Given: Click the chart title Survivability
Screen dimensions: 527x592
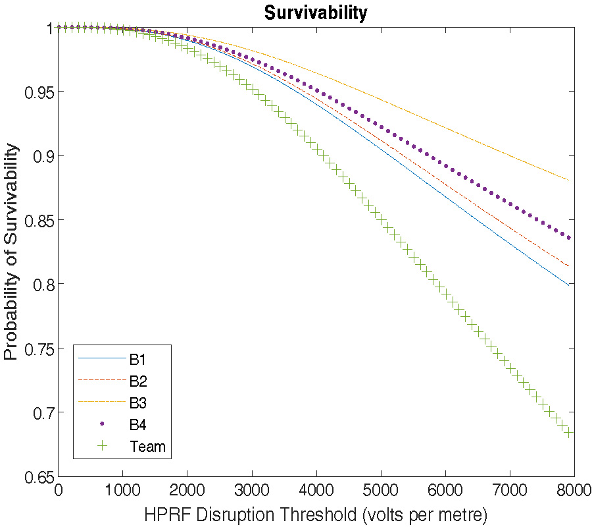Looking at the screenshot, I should [x=316, y=13].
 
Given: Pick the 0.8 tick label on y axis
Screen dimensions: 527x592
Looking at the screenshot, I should [x=43, y=284].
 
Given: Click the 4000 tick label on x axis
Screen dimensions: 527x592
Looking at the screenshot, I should [x=316, y=491].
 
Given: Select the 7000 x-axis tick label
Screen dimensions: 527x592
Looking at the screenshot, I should [x=510, y=491].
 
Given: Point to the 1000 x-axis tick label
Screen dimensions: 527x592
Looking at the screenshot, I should [x=123, y=491].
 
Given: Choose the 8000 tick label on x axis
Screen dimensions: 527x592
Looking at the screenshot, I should [x=573, y=491].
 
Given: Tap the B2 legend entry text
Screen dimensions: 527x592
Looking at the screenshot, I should [x=138, y=381].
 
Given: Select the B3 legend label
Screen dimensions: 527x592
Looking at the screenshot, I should [x=138, y=402].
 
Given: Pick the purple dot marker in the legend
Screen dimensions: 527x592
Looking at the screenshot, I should [x=102, y=424].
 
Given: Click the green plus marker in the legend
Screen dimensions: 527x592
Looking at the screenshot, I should [x=102, y=446].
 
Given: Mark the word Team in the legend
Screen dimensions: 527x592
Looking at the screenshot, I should [x=148, y=447].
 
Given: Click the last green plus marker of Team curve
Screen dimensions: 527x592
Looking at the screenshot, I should [x=568, y=433].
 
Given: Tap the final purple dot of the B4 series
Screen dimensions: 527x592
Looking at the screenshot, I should [x=568, y=237].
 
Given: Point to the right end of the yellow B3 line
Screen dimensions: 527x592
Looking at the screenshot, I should [x=568, y=180].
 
